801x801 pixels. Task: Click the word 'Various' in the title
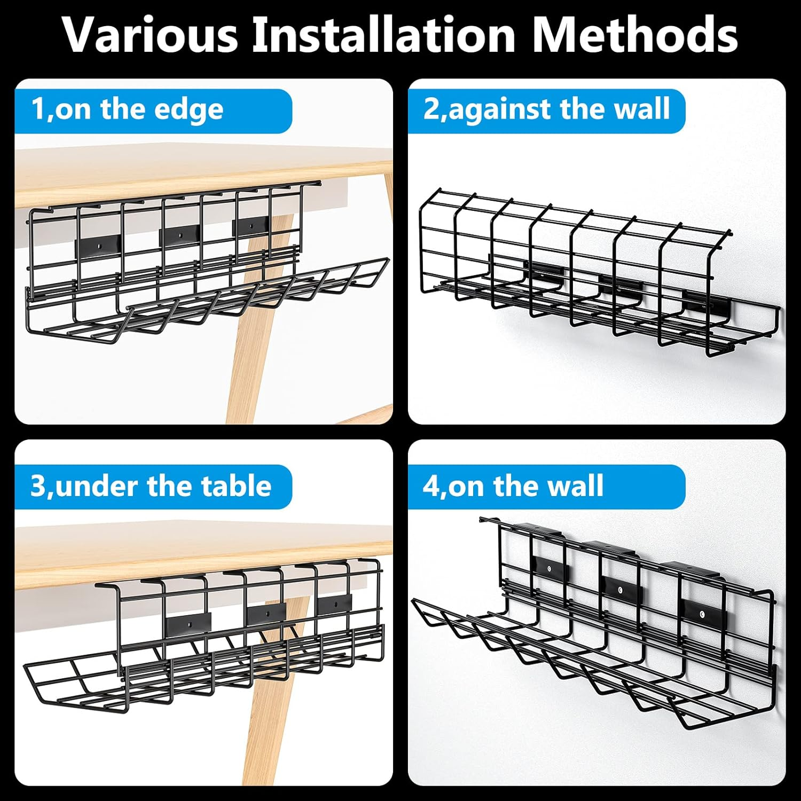click(150, 35)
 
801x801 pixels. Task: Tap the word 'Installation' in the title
click(383, 35)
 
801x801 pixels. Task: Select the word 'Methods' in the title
click(635, 35)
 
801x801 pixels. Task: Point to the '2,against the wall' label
click(546, 109)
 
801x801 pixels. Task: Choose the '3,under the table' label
click(151, 486)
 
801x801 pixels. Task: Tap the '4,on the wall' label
click(513, 486)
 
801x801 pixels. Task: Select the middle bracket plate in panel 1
click(180, 234)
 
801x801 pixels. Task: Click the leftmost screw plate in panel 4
click(550, 570)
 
